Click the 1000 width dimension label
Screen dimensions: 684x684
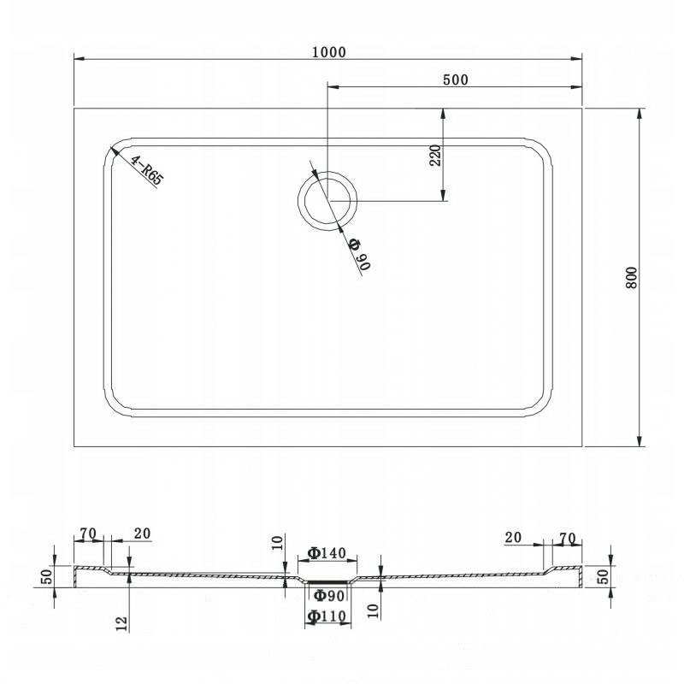click(x=329, y=52)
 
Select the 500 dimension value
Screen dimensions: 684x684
click(x=456, y=80)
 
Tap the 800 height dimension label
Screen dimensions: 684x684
click(x=632, y=277)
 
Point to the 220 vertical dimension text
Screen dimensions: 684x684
click(x=435, y=155)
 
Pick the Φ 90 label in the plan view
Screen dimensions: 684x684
click(x=360, y=254)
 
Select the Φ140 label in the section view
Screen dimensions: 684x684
click(x=327, y=553)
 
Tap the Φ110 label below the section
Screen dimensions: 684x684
click(x=327, y=616)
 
